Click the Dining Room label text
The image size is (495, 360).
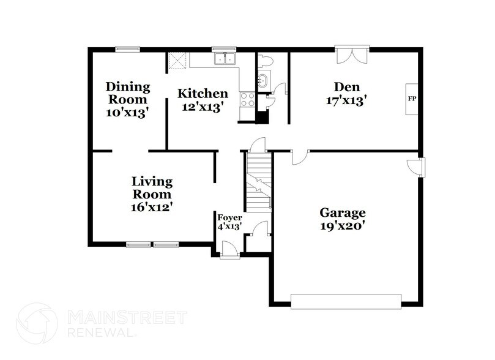click(127, 92)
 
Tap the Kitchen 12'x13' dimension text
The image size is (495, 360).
click(203, 107)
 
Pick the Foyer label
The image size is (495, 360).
click(229, 217)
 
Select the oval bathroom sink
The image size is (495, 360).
click(263, 80)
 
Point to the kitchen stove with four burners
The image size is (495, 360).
click(248, 100)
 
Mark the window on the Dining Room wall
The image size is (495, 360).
click(127, 49)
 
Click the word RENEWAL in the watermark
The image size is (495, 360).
click(95, 334)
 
